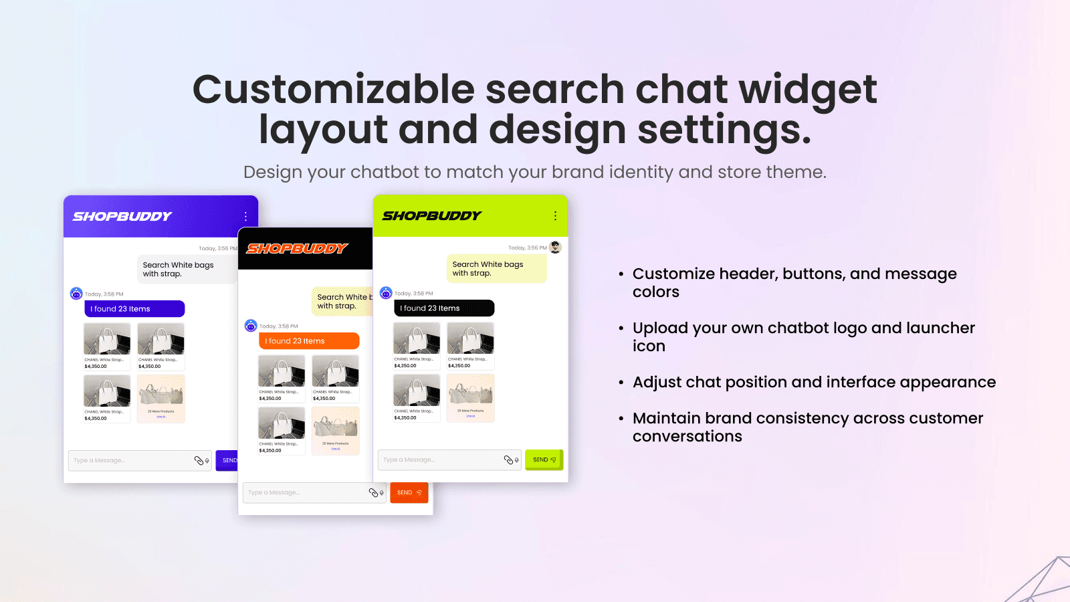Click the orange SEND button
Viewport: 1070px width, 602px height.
409,493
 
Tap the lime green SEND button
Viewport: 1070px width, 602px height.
544,460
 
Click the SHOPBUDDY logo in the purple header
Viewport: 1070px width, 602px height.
122,217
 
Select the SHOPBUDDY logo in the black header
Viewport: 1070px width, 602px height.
297,249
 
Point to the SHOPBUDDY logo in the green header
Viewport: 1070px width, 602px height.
432,216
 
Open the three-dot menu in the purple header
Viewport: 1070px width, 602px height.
245,217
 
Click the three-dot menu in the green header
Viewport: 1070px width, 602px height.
555,216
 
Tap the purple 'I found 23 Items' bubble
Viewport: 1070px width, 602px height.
134,309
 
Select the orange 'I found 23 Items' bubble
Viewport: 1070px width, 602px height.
309,341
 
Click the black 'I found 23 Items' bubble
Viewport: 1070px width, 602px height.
444,308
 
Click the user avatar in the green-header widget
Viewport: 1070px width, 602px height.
555,247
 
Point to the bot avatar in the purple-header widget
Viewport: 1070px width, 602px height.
76,294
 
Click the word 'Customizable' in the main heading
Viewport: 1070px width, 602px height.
333,90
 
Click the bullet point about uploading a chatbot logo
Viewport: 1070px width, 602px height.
803,336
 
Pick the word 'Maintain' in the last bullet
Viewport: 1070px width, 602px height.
665,419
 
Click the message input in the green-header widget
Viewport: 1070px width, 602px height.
438,460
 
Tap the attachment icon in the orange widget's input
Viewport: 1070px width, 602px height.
374,493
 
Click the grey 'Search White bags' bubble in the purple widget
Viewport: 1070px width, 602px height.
184,270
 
